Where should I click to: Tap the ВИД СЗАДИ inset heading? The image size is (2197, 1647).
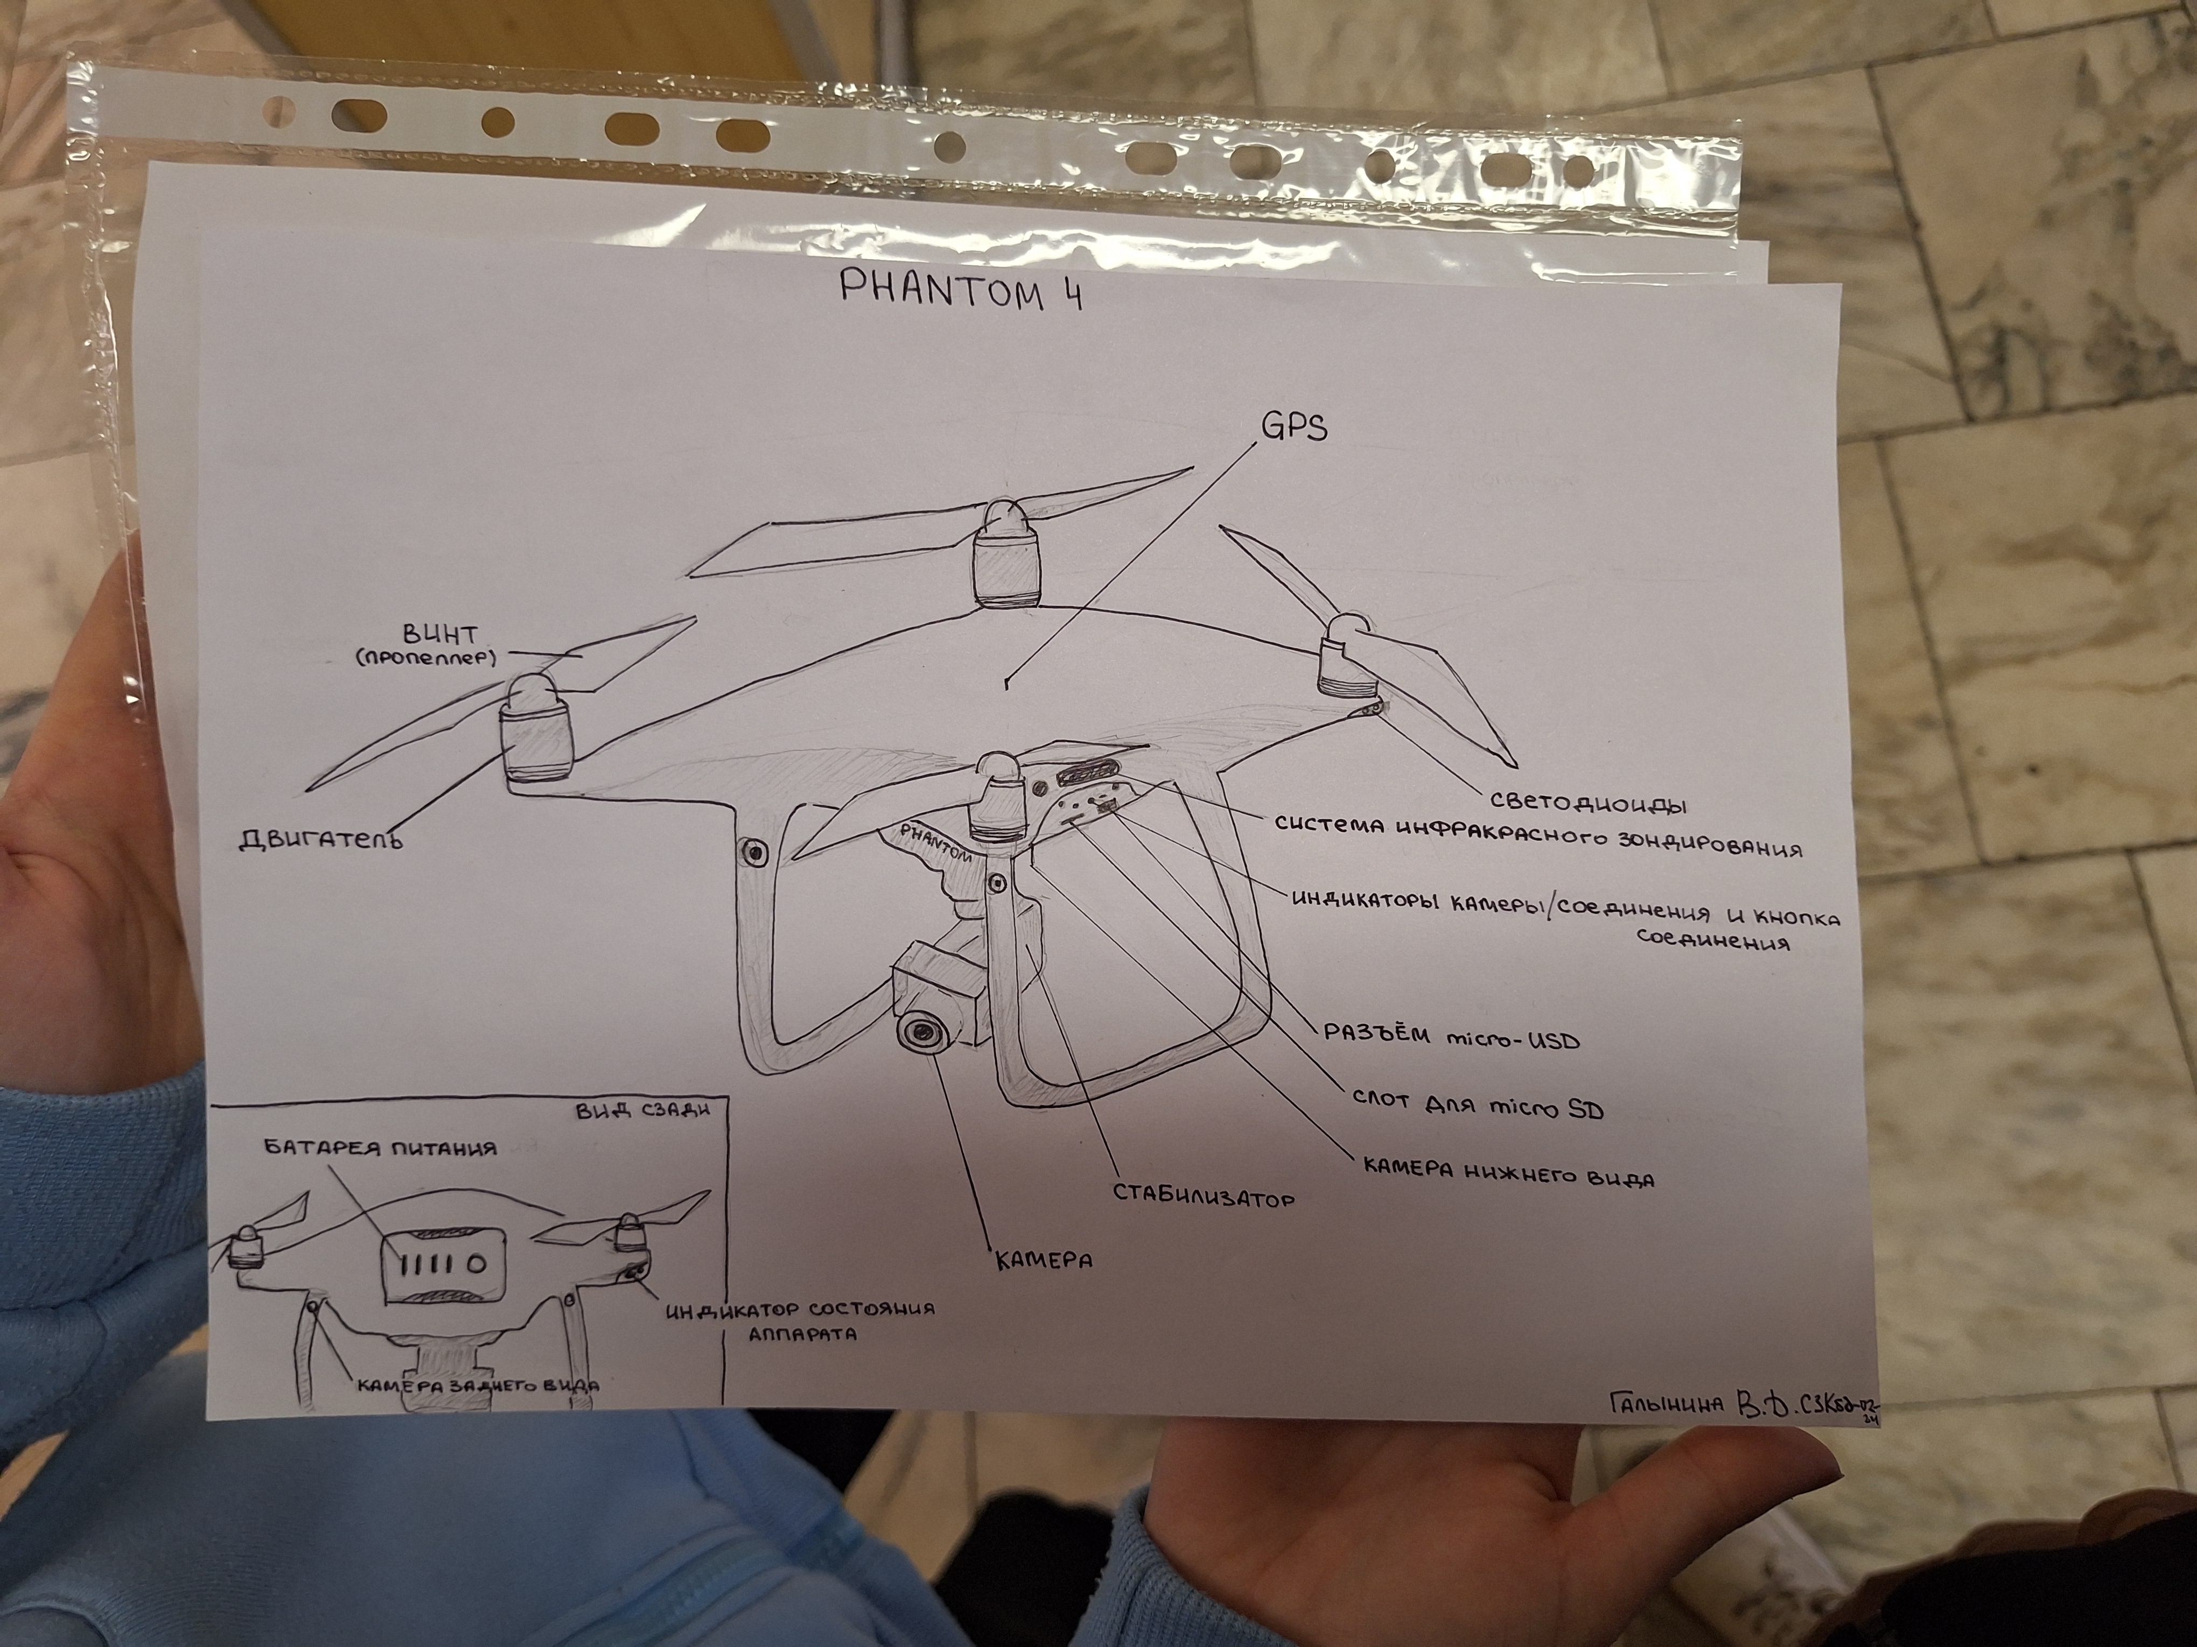[642, 1110]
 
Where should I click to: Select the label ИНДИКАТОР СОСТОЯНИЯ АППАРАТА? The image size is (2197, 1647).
[801, 1320]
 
